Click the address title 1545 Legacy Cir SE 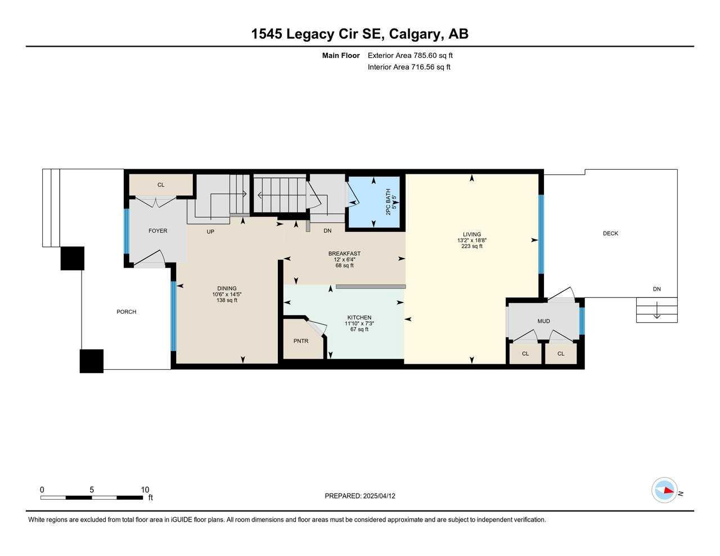pyautogui.click(x=359, y=34)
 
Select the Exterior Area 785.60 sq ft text pyautogui.click(x=410, y=56)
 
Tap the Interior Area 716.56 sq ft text pyautogui.click(x=409, y=67)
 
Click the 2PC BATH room pyautogui.click(x=375, y=202)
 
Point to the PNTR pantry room pyautogui.click(x=301, y=341)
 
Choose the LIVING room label pyautogui.click(x=472, y=234)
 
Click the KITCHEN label pyautogui.click(x=359, y=318)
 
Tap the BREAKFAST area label pyautogui.click(x=344, y=254)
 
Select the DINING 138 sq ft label pyautogui.click(x=227, y=294)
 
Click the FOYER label pyautogui.click(x=158, y=230)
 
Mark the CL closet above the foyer pyautogui.click(x=161, y=185)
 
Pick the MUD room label pyautogui.click(x=543, y=321)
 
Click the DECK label pyautogui.click(x=610, y=233)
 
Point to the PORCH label pyautogui.click(x=127, y=311)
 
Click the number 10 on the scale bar pyautogui.click(x=145, y=490)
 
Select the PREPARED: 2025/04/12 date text pyautogui.click(x=360, y=496)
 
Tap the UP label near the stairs pyautogui.click(x=210, y=231)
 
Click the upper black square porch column pyautogui.click(x=73, y=258)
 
